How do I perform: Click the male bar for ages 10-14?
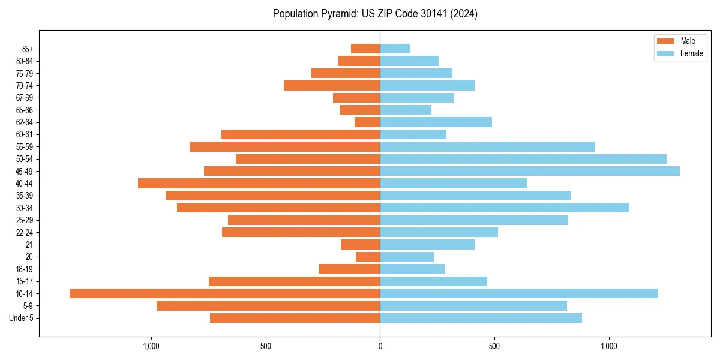[225, 293]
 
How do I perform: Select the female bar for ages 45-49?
[530, 171]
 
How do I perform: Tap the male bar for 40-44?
[259, 183]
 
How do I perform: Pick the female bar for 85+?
[395, 49]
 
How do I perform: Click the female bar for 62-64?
[436, 122]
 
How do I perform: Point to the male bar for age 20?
[368, 257]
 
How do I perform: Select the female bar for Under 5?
[481, 318]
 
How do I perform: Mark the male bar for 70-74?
[332, 85]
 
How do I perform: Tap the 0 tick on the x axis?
[380, 346]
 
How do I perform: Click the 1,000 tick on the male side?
[151, 346]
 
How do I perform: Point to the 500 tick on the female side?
[494, 346]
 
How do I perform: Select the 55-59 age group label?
[24, 146]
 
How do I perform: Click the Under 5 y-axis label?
[22, 318]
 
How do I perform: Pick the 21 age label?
[29, 245]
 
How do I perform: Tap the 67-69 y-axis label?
[24, 98]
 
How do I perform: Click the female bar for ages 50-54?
[523, 159]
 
